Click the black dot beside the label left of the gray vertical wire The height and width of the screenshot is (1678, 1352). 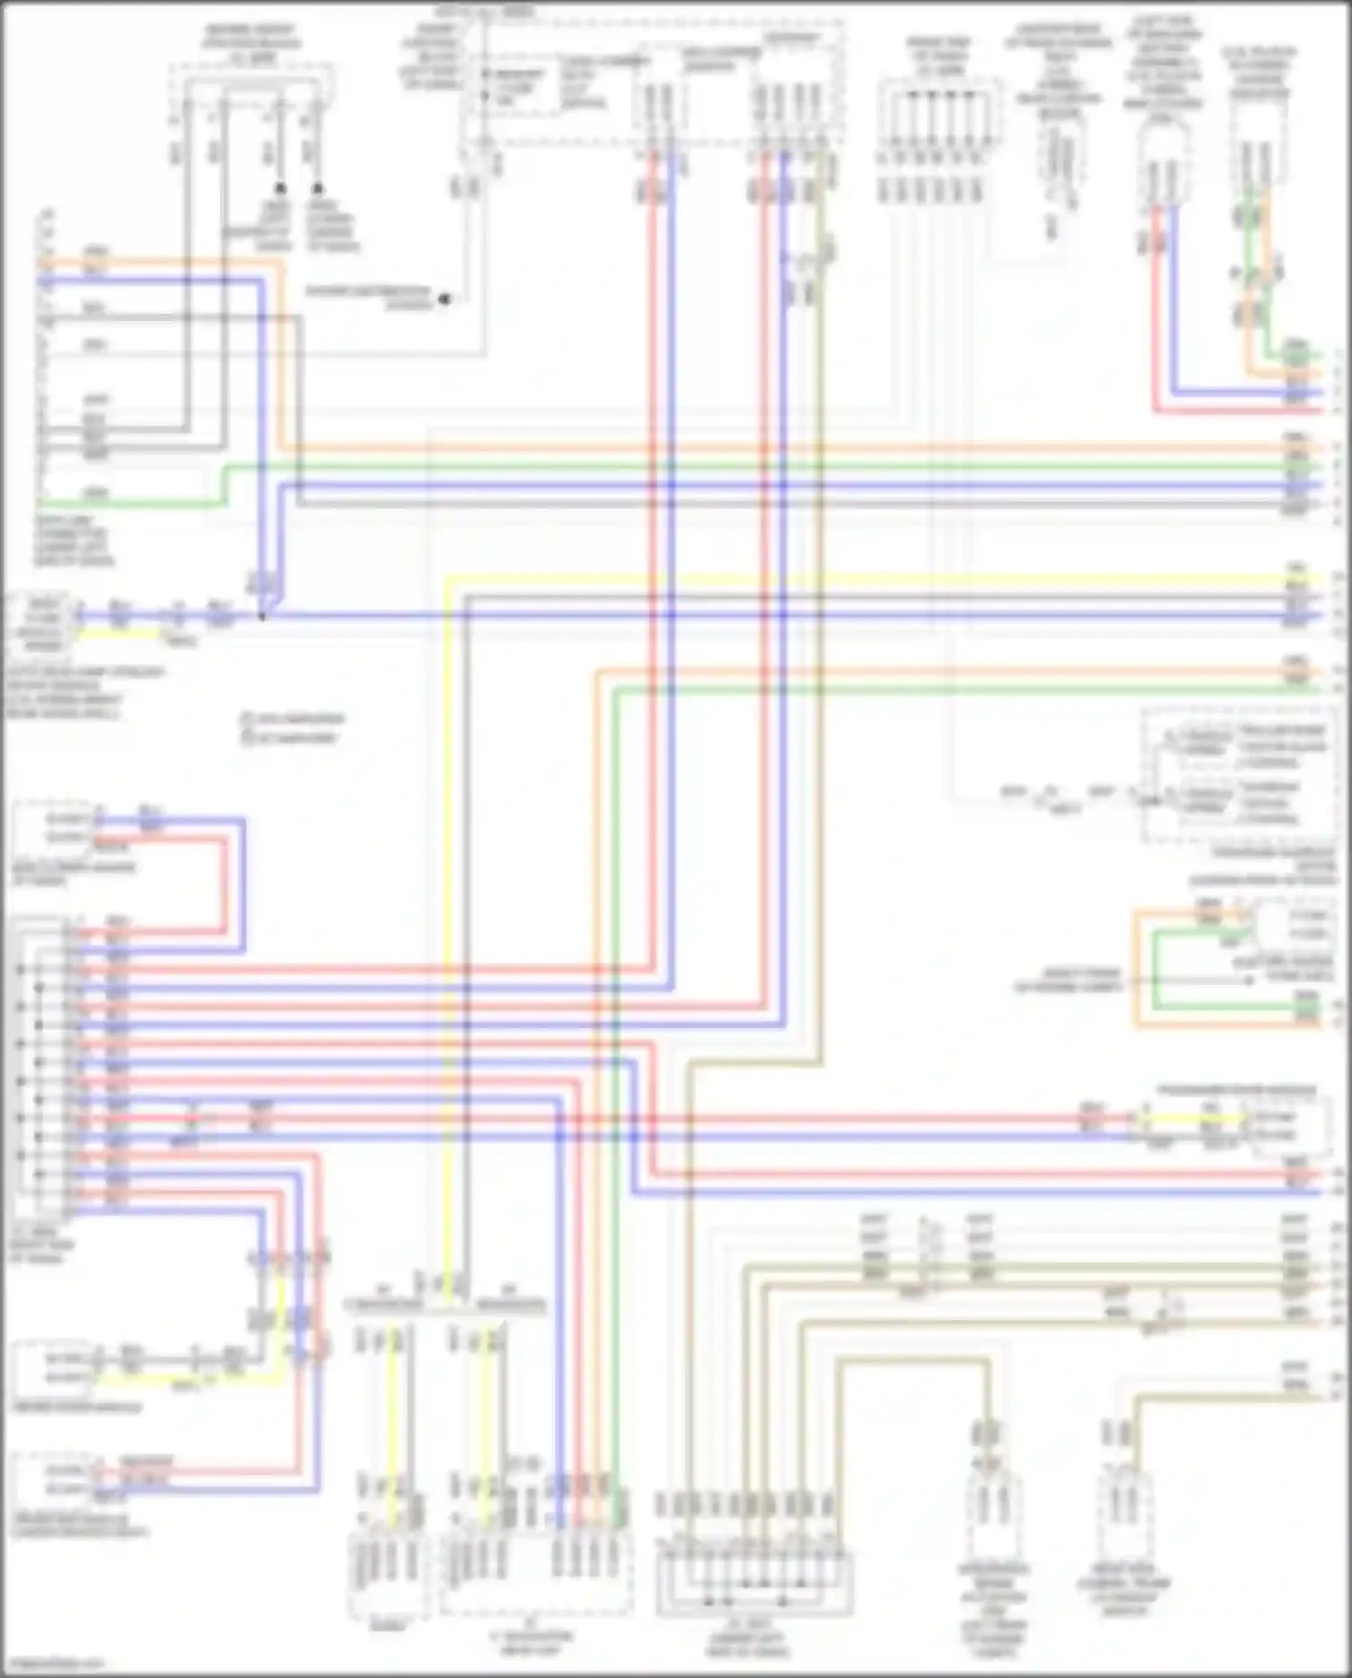coord(444,300)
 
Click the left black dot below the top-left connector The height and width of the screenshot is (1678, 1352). coord(280,188)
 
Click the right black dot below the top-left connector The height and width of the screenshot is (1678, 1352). coord(317,188)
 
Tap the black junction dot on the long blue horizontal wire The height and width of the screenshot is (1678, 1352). coord(262,617)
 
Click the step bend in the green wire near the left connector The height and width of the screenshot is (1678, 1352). coord(223,485)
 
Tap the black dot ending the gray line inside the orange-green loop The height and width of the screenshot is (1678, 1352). coord(1248,981)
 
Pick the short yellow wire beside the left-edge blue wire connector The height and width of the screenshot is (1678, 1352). coord(117,634)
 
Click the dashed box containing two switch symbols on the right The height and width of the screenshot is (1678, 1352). coord(1239,775)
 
